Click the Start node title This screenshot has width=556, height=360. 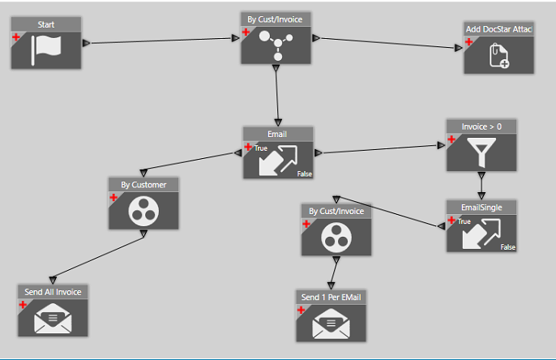[x=46, y=25]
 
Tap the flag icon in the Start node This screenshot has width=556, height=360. [x=45, y=50]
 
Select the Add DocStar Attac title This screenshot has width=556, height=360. [x=498, y=29]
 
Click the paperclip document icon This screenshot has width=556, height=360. [x=498, y=55]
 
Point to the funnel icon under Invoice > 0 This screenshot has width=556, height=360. [x=481, y=152]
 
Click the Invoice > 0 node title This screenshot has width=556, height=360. [x=481, y=126]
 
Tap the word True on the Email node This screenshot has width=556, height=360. [x=261, y=148]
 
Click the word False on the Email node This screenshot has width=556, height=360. [x=304, y=173]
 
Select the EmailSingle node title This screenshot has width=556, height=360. [x=481, y=207]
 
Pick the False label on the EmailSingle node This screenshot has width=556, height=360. [x=507, y=246]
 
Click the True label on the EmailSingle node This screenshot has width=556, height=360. [x=464, y=221]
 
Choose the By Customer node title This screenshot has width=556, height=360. [x=143, y=185]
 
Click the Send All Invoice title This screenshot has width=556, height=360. [x=53, y=292]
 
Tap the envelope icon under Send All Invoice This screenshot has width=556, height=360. [x=52, y=319]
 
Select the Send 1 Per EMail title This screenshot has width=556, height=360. [x=331, y=298]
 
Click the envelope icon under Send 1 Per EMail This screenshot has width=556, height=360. [x=330, y=324]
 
